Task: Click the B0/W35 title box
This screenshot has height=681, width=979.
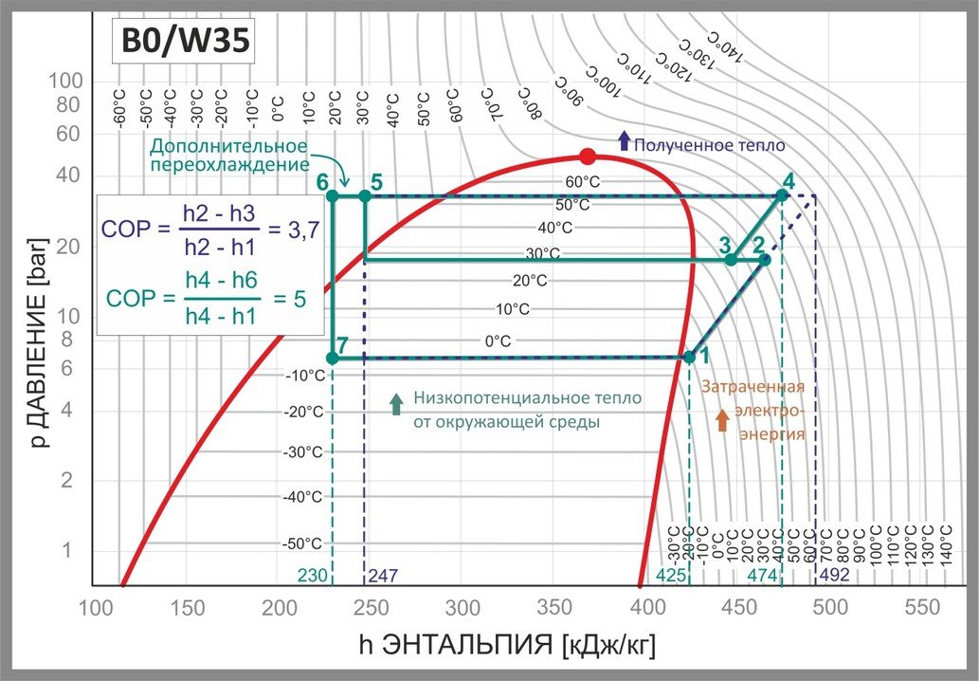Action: click(x=182, y=41)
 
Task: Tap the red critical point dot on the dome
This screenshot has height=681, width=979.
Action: click(x=588, y=156)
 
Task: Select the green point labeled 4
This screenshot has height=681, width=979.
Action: click(x=782, y=195)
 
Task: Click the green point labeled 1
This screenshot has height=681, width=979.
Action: click(x=689, y=357)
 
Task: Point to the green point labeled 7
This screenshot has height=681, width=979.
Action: click(x=332, y=358)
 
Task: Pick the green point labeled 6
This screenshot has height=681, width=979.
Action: click(x=332, y=195)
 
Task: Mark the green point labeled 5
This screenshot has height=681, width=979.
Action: click(x=365, y=195)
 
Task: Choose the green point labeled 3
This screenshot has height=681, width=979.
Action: click(x=731, y=259)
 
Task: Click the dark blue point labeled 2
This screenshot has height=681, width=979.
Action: click(x=765, y=259)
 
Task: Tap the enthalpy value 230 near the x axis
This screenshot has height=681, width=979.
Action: click(x=312, y=575)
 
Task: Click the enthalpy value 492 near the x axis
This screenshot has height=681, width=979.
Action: click(x=835, y=575)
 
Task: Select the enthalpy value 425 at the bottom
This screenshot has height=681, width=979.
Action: click(x=670, y=575)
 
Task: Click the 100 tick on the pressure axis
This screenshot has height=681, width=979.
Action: click(x=67, y=82)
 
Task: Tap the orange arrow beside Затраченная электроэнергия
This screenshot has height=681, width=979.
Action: click(x=722, y=420)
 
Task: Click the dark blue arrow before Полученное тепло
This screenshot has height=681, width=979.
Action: click(x=623, y=142)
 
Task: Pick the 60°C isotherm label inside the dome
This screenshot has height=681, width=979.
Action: click(x=583, y=181)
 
